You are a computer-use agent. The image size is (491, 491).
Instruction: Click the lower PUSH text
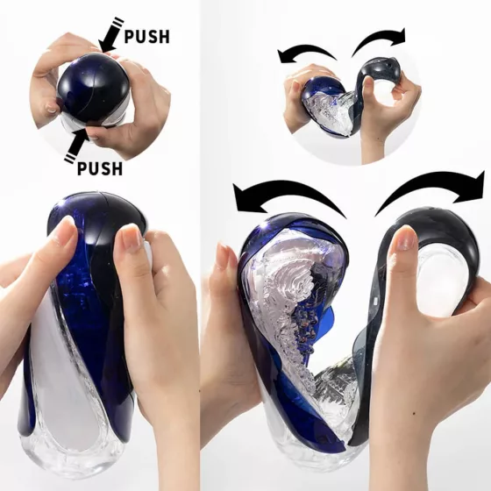99,167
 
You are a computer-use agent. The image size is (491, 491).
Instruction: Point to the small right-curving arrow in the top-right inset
381,37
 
